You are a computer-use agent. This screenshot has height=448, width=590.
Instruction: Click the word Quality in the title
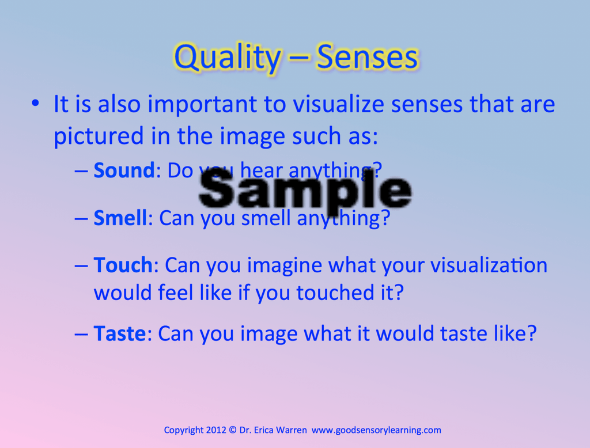point(227,58)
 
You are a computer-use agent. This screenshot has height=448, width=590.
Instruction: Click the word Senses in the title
point(368,58)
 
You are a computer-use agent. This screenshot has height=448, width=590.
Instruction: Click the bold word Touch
point(123,265)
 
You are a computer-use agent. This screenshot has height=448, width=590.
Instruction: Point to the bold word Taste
point(119,333)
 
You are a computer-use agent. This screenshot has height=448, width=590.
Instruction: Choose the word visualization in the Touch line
point(489,265)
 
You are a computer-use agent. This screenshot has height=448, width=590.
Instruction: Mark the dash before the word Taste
point(81,333)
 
